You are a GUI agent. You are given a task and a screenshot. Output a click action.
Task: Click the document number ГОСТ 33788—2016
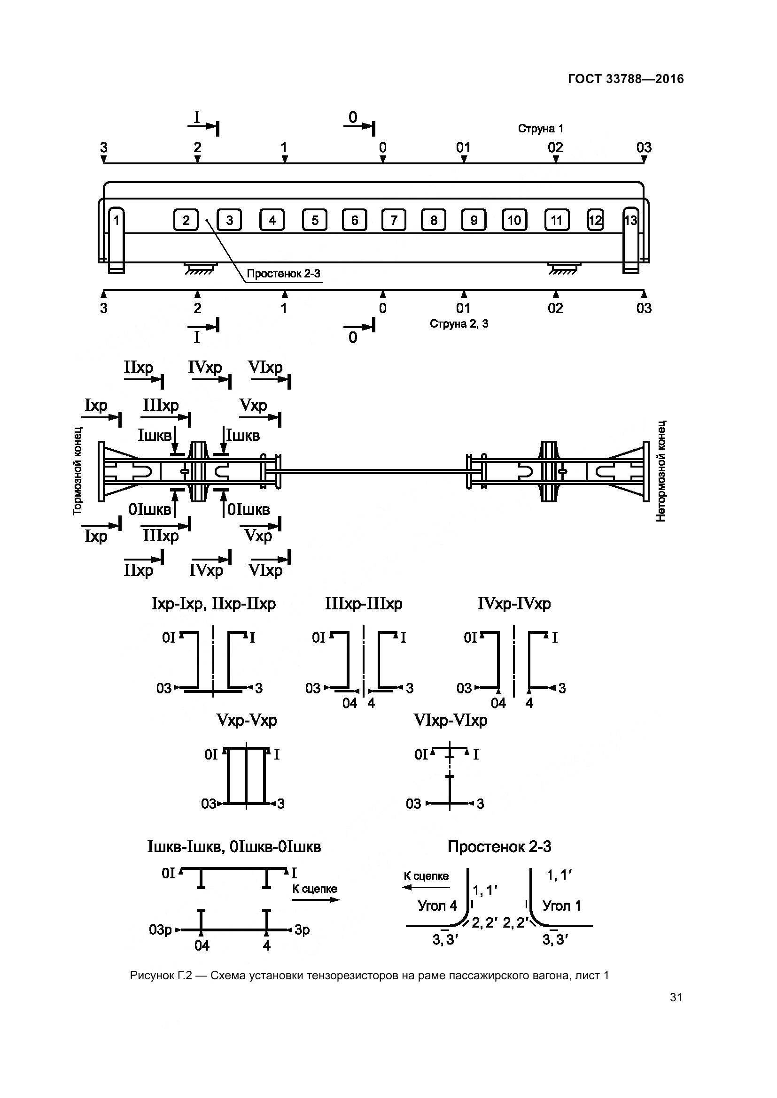click(625, 79)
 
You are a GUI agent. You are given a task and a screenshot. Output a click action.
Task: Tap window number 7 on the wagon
click(394, 220)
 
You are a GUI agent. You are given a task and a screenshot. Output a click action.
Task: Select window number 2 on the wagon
click(186, 220)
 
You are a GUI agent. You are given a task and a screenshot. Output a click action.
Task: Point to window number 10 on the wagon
click(514, 220)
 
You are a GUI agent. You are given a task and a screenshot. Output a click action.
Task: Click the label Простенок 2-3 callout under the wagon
click(283, 274)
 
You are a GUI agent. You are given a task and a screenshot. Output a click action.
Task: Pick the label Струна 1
click(540, 128)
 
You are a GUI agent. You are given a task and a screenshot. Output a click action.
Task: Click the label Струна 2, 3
click(458, 324)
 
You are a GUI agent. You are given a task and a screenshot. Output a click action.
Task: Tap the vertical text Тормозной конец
click(78, 471)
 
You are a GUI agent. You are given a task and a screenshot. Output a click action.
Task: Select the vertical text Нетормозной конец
click(661, 471)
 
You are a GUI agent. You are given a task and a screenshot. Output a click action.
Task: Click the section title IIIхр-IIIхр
click(364, 604)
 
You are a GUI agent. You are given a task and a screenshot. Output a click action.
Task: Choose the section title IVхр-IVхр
click(514, 604)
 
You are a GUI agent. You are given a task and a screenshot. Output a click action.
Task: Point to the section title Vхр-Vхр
click(247, 720)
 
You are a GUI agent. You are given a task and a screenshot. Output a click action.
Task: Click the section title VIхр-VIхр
click(450, 720)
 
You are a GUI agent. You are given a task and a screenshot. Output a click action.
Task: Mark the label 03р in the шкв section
click(160, 930)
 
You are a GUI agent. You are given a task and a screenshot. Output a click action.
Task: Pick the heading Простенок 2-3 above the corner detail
click(499, 847)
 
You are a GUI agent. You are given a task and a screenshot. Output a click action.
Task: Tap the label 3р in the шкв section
click(302, 930)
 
